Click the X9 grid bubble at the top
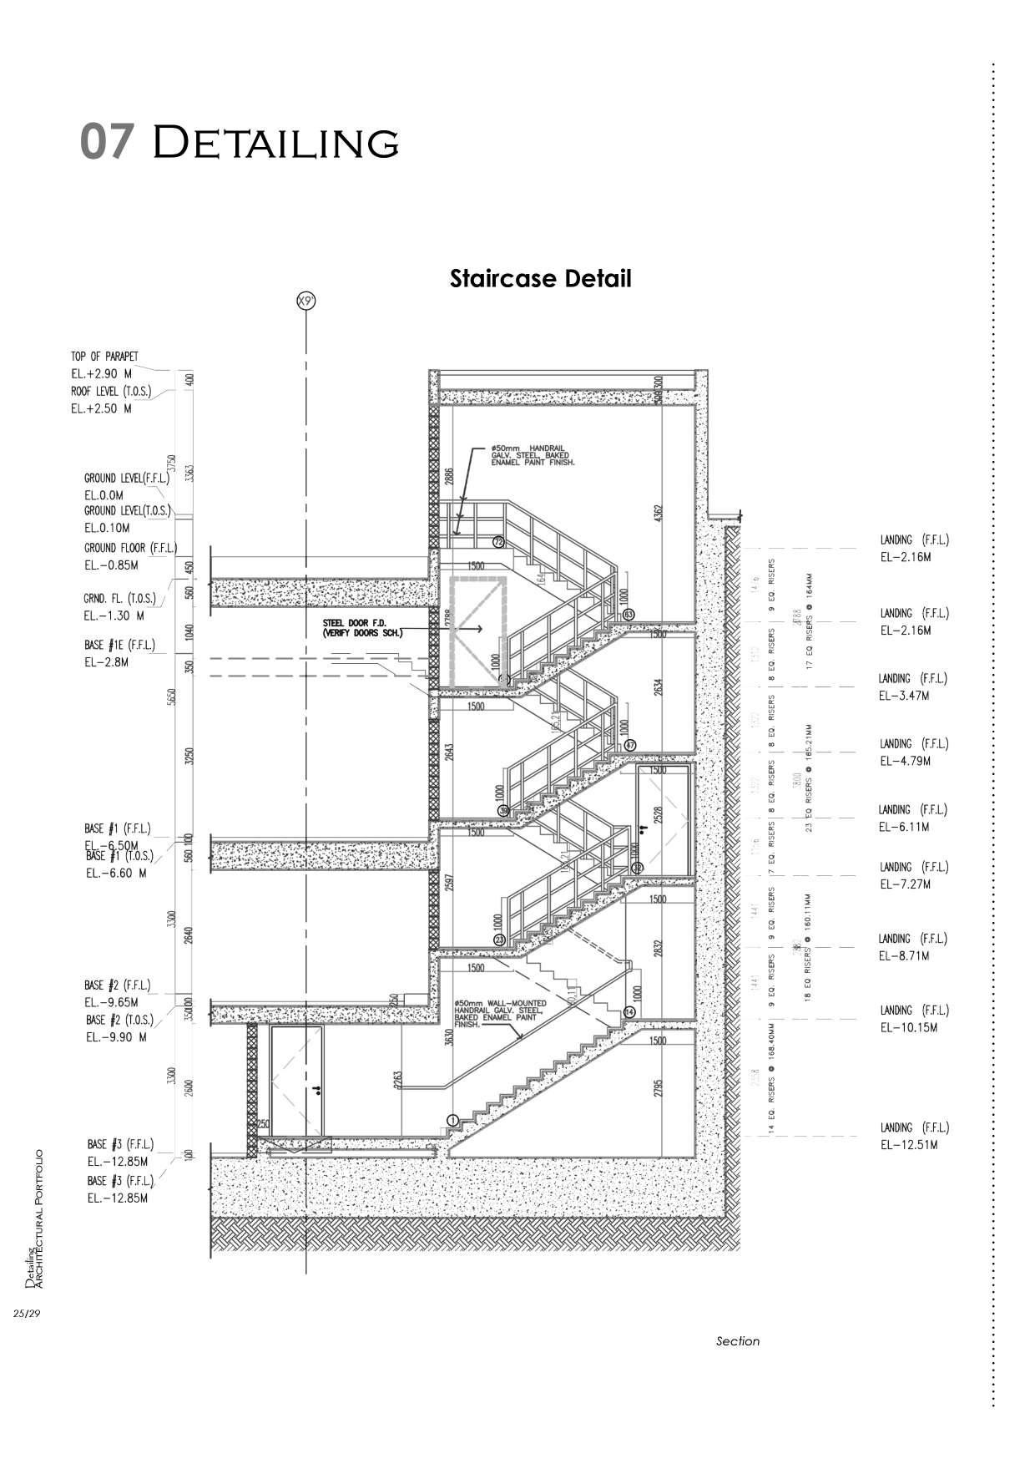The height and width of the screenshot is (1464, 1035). (x=306, y=301)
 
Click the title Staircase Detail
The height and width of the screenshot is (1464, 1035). (x=540, y=278)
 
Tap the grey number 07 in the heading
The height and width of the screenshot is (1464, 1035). (x=106, y=141)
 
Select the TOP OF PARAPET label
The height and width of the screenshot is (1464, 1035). (x=104, y=357)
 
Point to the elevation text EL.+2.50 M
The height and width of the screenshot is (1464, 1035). (x=101, y=408)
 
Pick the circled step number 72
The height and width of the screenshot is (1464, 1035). (x=498, y=542)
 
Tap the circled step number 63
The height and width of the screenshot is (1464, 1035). (x=628, y=615)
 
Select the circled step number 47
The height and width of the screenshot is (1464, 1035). (x=629, y=745)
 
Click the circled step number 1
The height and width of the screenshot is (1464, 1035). (x=453, y=1120)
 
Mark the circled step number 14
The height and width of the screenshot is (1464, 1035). (x=629, y=1011)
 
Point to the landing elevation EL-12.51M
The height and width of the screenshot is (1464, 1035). (x=909, y=1145)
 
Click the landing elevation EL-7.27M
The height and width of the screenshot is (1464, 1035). (x=905, y=884)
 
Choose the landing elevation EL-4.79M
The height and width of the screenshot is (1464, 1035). (x=905, y=761)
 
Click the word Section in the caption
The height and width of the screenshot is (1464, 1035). (x=738, y=1341)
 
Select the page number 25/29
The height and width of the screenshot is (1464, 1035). (x=27, y=1314)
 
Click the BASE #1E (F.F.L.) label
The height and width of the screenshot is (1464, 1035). (x=119, y=646)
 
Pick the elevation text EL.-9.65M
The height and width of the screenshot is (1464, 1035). (x=111, y=1002)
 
